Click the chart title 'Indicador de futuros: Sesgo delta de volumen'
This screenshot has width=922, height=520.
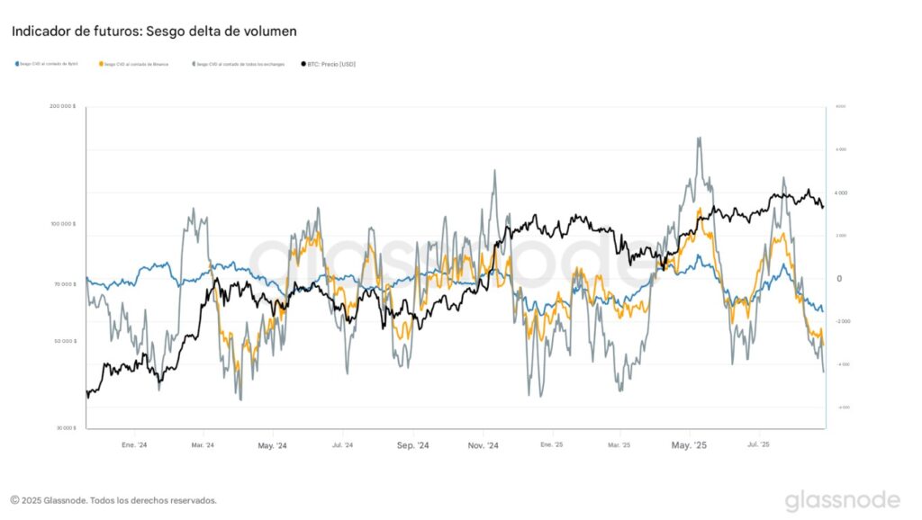tap(154, 31)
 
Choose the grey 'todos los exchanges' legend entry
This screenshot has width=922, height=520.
tap(239, 64)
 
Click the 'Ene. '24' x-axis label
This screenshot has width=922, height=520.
tap(134, 444)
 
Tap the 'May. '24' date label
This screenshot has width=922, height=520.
tap(272, 444)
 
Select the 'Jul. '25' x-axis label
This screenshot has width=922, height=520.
tap(760, 444)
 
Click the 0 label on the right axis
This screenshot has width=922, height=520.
tap(839, 279)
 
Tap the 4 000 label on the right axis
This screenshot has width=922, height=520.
tap(841, 193)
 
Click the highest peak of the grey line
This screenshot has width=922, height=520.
tap(699, 138)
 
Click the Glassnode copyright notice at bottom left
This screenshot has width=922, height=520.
tap(113, 500)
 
